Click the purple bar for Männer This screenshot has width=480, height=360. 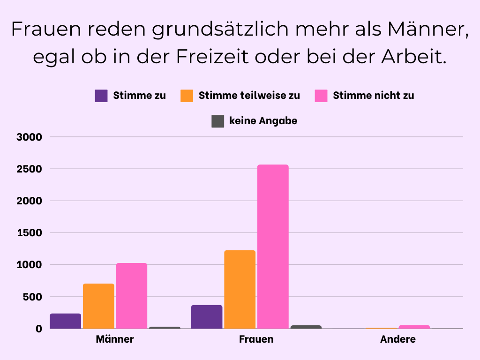tap(66, 321)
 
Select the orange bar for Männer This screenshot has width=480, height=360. tap(98, 306)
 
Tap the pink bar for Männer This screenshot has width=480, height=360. tap(132, 296)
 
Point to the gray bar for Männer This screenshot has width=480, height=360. tap(165, 327)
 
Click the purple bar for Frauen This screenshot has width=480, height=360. tap(207, 317)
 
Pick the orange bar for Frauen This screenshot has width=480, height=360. tap(240, 289)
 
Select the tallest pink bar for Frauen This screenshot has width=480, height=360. tap(273, 247)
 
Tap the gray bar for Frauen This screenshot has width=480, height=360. tap(306, 327)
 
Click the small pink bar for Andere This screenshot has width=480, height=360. tap(414, 327)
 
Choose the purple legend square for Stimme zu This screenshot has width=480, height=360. tap(101, 96)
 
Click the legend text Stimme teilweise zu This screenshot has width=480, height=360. tap(249, 96)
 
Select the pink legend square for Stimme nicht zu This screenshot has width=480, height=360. tap(321, 96)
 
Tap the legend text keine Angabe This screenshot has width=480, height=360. tap(263, 121)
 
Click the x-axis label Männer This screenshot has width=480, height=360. tap(115, 339)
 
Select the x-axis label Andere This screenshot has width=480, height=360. tap(398, 339)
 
